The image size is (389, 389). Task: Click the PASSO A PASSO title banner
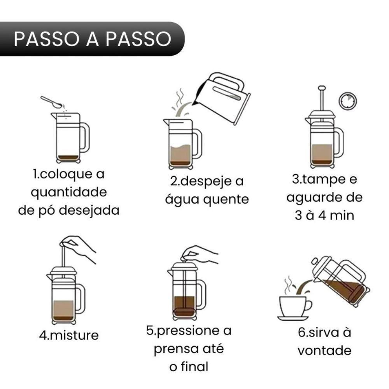(92, 39)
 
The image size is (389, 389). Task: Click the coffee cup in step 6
(294, 305)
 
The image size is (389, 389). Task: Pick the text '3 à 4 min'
(324, 215)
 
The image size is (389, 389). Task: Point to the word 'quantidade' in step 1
(68, 192)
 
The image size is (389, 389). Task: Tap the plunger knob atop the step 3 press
(321, 88)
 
